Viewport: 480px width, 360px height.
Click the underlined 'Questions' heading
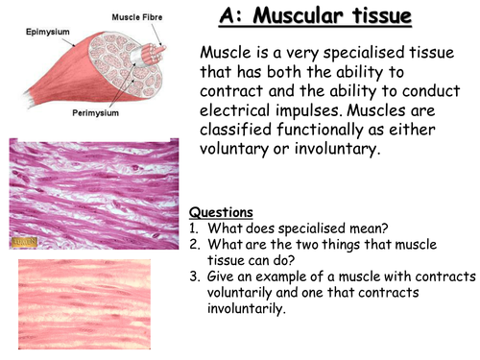(x=222, y=212)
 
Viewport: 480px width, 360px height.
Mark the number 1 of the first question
(x=193, y=228)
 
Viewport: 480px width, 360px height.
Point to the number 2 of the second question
(x=193, y=244)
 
